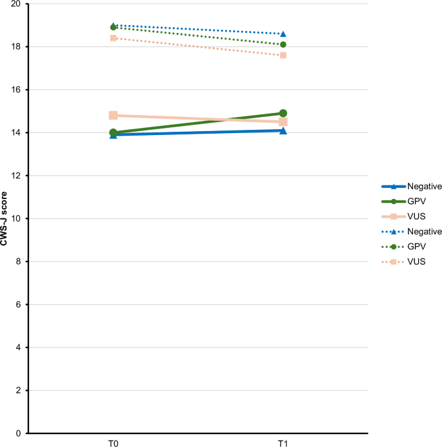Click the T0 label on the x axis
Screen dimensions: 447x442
click(x=113, y=442)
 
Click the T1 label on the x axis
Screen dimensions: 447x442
click(x=283, y=442)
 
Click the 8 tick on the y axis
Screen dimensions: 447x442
click(x=19, y=262)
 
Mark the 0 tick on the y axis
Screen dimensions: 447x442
click(x=19, y=433)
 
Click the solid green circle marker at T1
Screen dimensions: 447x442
click(x=283, y=113)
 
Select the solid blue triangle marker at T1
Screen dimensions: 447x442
click(x=283, y=130)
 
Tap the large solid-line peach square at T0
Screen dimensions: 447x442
click(x=113, y=115)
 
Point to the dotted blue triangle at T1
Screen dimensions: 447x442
click(x=283, y=34)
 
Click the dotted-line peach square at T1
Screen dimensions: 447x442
click(x=283, y=56)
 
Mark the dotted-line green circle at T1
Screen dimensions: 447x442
click(x=283, y=45)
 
